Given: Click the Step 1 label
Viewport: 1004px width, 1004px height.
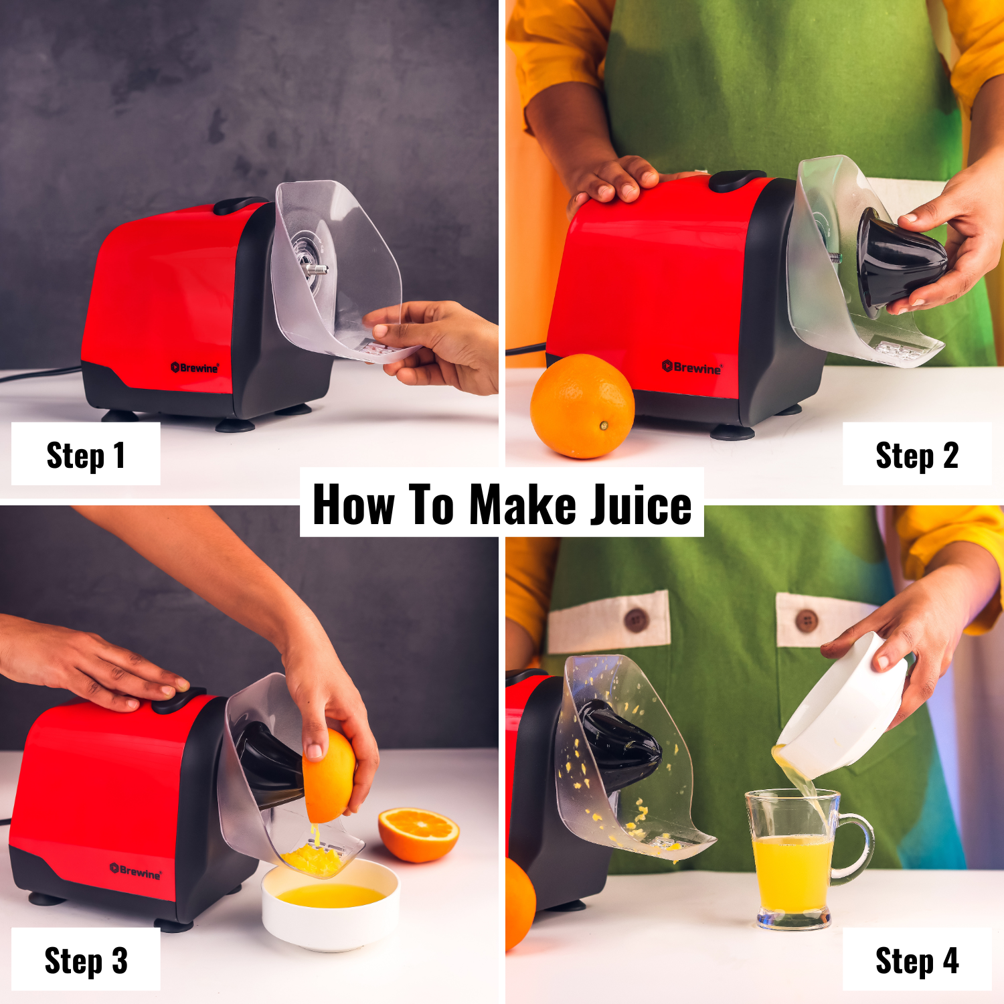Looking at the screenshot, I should [86, 455].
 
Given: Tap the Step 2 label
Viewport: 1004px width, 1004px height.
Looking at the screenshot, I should [916, 455].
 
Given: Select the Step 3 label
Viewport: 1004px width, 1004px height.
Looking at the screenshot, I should [86, 960].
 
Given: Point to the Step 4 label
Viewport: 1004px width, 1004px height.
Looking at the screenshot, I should [916, 960].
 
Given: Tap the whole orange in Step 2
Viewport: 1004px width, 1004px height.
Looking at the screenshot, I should [582, 407].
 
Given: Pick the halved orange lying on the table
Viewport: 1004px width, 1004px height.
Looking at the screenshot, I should [418, 833].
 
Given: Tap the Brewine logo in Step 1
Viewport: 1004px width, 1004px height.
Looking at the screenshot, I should [195, 367].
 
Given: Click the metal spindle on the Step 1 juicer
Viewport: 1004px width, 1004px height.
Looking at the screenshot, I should [317, 269].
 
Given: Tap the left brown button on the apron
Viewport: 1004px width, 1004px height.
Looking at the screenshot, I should [635, 620].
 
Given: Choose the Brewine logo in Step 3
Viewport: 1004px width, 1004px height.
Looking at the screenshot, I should [136, 871].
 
